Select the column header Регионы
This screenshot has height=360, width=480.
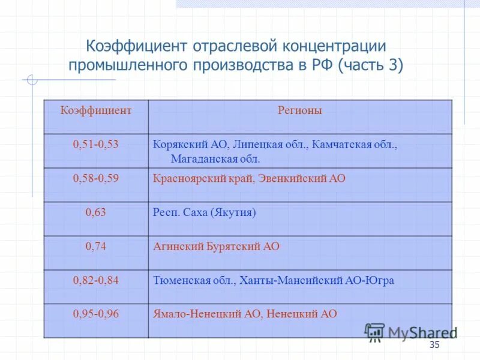click(300, 110)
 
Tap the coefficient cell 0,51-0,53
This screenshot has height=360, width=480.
click(96, 145)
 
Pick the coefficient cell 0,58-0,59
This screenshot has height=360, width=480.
click(96, 178)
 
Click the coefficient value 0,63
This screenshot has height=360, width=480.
click(96, 212)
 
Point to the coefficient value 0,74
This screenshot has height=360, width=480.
click(96, 246)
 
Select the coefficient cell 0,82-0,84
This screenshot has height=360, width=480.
click(96, 280)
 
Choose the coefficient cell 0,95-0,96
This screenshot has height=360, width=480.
click(96, 314)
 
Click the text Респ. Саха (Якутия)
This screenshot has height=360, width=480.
click(205, 212)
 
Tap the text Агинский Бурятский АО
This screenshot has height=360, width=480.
click(217, 246)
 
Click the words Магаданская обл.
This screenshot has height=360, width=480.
click(215, 159)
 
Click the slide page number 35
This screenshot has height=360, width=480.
click(434, 344)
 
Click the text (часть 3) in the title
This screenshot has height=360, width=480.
click(371, 65)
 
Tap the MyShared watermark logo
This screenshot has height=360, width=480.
click(411, 332)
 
